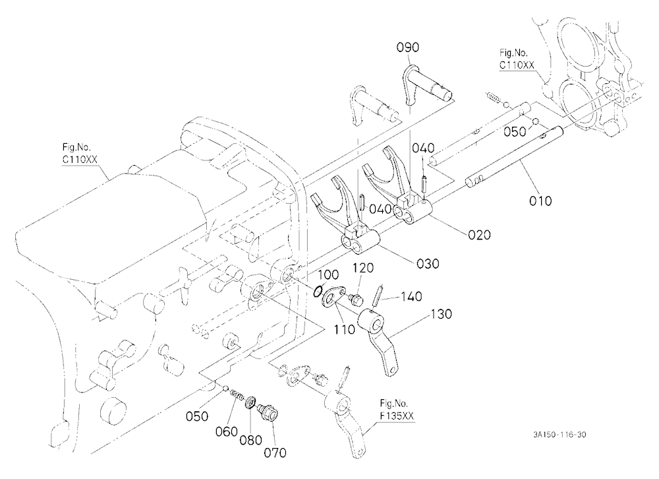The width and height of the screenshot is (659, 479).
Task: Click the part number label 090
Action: [408, 47]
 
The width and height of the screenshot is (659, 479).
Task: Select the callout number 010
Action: [540, 201]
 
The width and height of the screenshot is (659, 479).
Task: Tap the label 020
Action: [479, 234]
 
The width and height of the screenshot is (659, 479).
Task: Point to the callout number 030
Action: [428, 264]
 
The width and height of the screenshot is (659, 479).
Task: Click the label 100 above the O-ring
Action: [328, 275]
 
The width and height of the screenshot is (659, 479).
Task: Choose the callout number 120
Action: [363, 268]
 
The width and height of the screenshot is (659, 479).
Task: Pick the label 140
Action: [411, 297]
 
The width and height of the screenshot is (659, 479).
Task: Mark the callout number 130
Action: [441, 314]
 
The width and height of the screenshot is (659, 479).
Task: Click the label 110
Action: [344, 330]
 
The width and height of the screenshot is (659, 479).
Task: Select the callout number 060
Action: [227, 431]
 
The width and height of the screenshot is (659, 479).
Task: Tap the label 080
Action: [251, 440]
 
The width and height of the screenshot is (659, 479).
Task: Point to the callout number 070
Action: [275, 453]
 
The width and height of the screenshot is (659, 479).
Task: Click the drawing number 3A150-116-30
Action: [559, 435]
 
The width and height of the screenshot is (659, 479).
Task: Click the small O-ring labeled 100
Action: [318, 290]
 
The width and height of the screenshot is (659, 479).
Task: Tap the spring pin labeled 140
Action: [378, 296]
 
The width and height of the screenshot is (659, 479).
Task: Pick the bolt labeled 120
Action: [356, 300]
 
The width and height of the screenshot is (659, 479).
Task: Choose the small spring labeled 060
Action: [238, 396]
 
